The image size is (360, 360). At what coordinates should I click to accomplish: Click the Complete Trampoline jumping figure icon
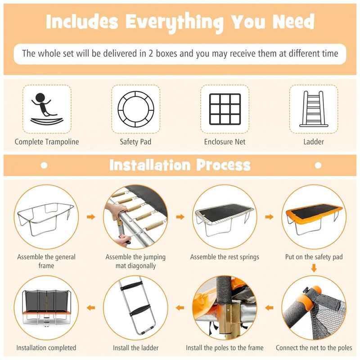47,109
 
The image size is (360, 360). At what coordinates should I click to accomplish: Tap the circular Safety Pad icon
136,109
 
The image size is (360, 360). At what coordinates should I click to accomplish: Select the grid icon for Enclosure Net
225,109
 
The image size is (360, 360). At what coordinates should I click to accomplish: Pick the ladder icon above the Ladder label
314,109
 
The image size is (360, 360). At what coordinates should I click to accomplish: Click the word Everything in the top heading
174,22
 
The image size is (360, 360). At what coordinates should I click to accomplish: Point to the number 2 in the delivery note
151,54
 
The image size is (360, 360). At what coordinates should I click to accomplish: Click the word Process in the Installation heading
223,165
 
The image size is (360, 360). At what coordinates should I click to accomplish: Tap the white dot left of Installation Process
44,165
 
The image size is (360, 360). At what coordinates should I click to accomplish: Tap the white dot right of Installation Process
318,165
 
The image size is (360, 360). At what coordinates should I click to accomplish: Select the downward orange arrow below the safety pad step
314,268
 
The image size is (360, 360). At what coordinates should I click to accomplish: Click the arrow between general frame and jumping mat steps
91,217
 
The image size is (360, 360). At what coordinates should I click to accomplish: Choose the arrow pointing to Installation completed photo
91,308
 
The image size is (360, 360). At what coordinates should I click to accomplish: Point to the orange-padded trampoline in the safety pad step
314,219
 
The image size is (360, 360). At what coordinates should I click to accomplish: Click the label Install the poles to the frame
225,348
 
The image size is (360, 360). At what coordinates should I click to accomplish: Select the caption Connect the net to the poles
314,348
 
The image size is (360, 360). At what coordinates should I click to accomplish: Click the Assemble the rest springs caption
225,257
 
